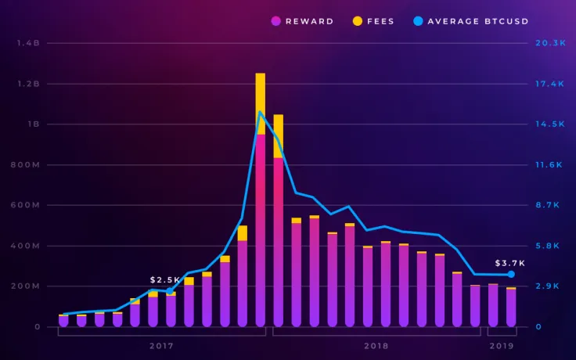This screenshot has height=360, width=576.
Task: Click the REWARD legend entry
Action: pos(303,21)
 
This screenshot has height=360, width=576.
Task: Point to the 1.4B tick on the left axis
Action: pos(29,43)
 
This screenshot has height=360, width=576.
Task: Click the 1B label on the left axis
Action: pos(34,124)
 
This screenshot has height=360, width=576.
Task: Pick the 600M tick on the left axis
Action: pos(27,205)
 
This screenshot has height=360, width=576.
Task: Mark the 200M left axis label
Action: pos(27,286)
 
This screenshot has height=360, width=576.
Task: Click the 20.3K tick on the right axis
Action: pos(550,43)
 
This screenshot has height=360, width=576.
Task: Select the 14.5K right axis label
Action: pos(550,124)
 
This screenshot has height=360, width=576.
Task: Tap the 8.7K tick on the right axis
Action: pos(548,205)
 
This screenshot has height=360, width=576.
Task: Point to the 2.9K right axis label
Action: pos(548,286)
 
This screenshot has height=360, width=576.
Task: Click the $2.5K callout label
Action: pos(165,279)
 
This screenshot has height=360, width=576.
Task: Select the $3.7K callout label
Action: pos(509,263)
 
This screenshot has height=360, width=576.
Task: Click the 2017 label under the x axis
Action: pos(161,345)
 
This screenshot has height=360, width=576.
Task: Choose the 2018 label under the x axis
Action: pos(376,345)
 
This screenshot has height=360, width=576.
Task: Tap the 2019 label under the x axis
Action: pos(502,345)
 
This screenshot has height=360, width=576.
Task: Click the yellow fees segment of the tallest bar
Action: pos(261,103)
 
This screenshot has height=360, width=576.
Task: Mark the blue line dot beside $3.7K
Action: pos(511,274)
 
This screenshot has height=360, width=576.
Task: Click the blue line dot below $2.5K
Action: pos(169,291)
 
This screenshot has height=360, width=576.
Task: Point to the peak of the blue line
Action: pos(261,112)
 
